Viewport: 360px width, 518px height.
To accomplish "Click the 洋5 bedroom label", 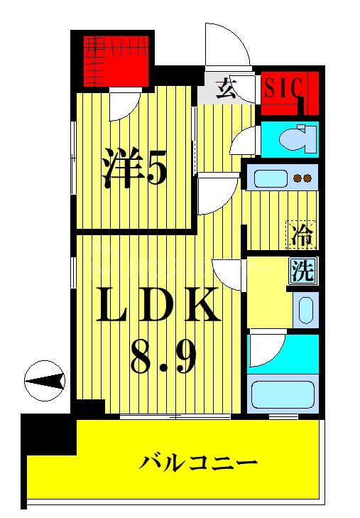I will (135, 168).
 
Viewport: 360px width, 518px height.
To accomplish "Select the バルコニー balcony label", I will (197, 465).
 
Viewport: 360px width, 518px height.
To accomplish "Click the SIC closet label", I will (283, 88).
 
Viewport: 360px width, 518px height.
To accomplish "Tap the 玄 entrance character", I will (226, 88).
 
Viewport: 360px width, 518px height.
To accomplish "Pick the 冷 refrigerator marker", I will (302, 233).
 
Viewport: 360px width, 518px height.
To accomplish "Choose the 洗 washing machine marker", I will (302, 271).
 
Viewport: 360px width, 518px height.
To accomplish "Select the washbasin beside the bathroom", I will (305, 309).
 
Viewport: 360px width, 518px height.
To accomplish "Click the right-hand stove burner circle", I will (308, 178).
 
